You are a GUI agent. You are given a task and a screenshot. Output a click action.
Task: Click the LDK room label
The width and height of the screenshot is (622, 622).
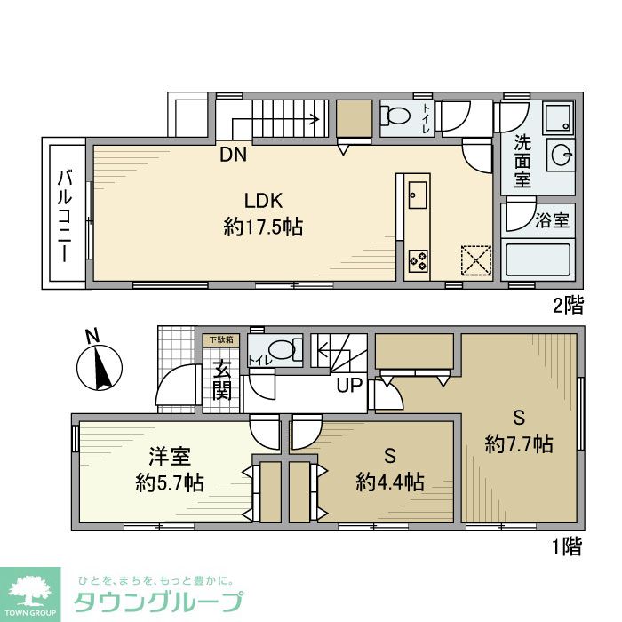[x=263, y=200]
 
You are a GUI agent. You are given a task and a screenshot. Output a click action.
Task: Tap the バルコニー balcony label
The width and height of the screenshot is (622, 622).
[x=64, y=213]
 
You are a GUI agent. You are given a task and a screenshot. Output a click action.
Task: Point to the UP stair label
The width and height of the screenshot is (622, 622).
[x=347, y=386]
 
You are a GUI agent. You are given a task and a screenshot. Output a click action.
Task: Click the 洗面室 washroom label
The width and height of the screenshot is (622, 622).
[x=523, y=160]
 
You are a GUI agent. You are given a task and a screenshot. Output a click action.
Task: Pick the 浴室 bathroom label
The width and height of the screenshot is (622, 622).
[x=551, y=219]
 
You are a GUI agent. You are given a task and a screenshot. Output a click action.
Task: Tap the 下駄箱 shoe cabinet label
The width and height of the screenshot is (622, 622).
[x=221, y=339]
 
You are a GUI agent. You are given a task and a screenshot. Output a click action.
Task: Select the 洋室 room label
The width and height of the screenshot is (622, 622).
[x=170, y=458]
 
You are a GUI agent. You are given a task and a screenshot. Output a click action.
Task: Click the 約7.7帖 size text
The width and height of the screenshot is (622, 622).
[x=519, y=443]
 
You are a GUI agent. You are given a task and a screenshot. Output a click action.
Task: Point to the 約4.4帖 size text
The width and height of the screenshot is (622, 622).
[x=389, y=482]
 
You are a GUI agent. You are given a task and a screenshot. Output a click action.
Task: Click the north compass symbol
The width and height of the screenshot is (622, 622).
[x=100, y=366]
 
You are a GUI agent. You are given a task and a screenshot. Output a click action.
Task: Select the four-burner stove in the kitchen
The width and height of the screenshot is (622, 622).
[x=417, y=260]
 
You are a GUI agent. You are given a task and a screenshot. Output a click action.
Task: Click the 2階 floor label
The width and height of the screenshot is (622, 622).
[x=569, y=307]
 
